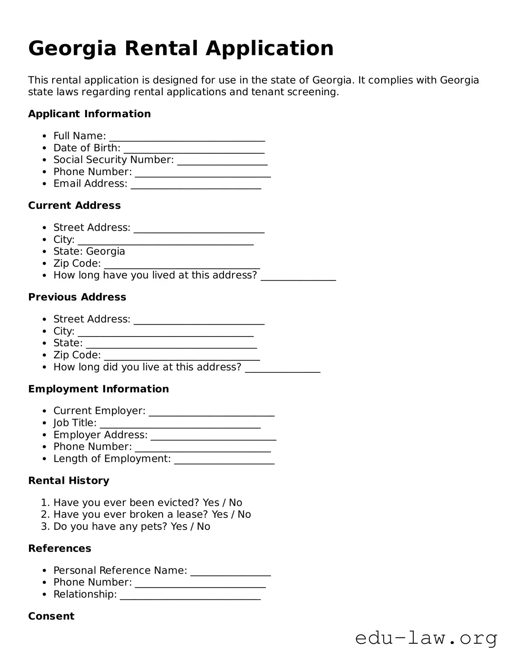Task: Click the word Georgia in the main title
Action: (72, 49)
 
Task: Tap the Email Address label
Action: (90, 184)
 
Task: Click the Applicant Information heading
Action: (89, 114)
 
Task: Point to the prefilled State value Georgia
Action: (105, 251)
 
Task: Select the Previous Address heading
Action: (77, 297)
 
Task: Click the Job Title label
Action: (75, 423)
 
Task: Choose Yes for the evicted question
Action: (211, 503)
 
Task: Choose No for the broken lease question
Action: (244, 515)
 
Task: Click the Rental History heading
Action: (68, 481)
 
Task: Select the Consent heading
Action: (51, 616)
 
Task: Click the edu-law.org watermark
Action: (426, 638)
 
